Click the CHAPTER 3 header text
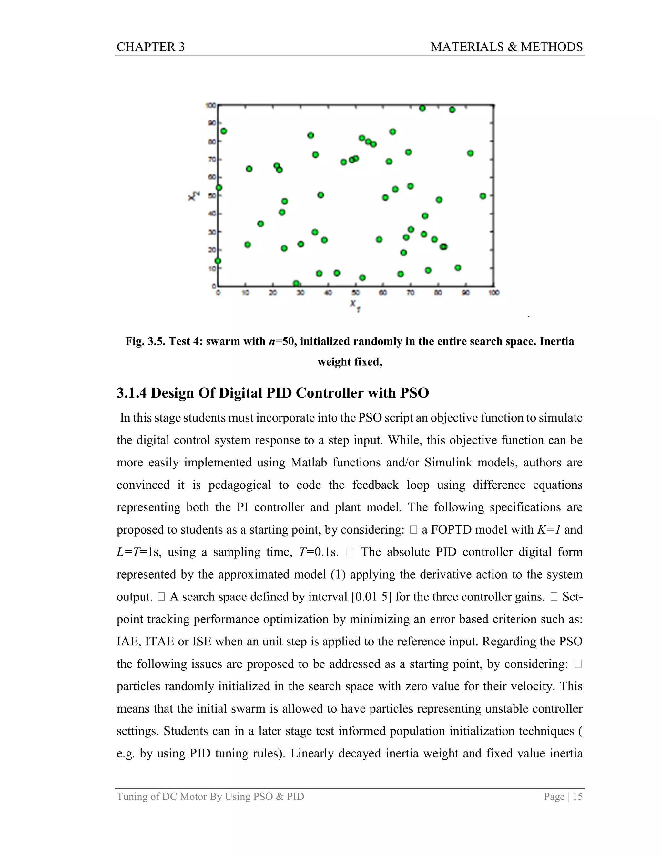pos(150,47)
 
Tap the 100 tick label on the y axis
pos(211,105)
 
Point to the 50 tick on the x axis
pos(356,292)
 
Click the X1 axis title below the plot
pos(355,305)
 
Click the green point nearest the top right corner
pos(452,110)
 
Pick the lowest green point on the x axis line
pos(296,283)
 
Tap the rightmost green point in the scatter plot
pos(483,196)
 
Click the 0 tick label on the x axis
pos(218,292)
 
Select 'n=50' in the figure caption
pos(281,341)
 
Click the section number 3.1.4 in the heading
pos(132,393)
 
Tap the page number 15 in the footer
pos(578,797)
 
